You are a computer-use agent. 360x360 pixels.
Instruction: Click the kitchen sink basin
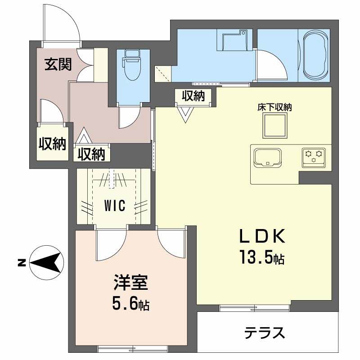pos(268,157)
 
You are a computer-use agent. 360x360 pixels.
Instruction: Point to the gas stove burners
pos(314,156)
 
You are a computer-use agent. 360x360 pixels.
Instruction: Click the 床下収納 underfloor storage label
pos(274,108)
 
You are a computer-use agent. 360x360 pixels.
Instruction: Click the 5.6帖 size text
pos(130,306)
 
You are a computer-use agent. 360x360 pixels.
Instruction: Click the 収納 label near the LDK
pos(193,96)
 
